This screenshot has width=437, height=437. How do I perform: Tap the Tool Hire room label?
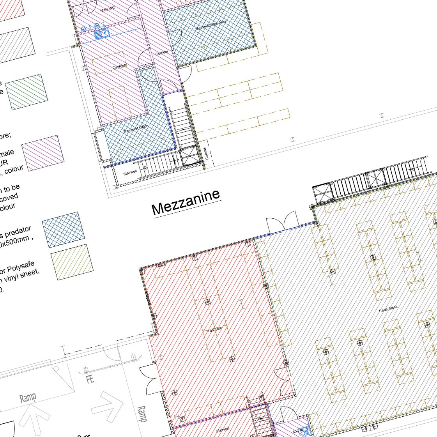[x=214, y=329]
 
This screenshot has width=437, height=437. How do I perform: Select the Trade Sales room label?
[x=388, y=309]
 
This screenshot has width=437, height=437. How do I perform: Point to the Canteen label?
[x=119, y=67]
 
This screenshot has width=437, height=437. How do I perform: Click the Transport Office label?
[x=135, y=129]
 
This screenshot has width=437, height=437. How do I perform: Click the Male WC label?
[x=108, y=9]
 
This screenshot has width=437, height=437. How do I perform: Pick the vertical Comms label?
[x=206, y=153]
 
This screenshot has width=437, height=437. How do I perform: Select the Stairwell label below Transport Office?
[x=130, y=172]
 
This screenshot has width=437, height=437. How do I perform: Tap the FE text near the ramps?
[x=90, y=379]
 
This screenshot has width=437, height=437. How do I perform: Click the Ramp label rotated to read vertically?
[x=142, y=414]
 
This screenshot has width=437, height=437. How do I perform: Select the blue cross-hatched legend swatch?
[x=63, y=230]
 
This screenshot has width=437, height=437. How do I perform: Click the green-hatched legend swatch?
[x=27, y=92]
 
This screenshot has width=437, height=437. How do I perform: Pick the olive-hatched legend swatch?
[x=72, y=262]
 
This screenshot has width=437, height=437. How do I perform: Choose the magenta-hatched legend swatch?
[x=43, y=152]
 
